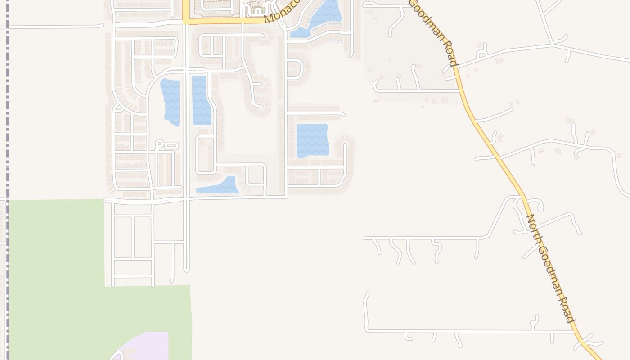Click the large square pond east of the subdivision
pos(312,140)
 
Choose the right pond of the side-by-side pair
pos(201,100)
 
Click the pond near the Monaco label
pos(320,18)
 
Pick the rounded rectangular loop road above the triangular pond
pos(205,155)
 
